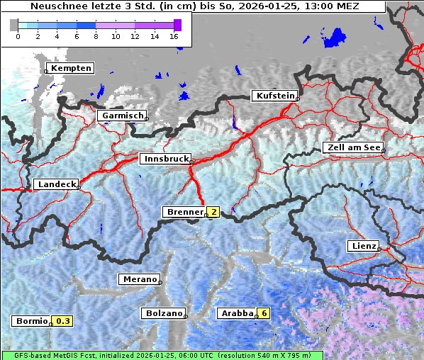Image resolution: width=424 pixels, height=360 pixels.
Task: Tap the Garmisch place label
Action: (x=123, y=116)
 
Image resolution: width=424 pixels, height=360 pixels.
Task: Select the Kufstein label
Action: (x=275, y=96)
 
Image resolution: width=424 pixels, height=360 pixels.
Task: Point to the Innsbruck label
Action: (x=164, y=159)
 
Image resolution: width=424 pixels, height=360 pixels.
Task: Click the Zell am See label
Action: (x=353, y=147)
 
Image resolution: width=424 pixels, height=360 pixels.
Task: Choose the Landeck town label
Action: (x=56, y=184)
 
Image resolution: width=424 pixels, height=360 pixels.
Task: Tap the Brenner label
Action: (x=184, y=212)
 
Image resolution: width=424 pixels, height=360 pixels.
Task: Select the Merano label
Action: (x=139, y=279)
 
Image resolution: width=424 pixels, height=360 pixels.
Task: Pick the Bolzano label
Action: (x=164, y=313)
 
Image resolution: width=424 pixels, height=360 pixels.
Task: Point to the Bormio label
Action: (x=32, y=321)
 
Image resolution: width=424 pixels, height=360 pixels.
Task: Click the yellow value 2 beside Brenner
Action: (x=213, y=212)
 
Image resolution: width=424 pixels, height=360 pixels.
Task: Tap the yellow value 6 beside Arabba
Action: (x=264, y=313)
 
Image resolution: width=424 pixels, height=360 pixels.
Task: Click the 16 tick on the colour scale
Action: (x=174, y=35)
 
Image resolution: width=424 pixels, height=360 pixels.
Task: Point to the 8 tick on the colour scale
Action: (x=96, y=35)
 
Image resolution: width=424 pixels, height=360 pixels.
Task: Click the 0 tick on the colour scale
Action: (x=18, y=35)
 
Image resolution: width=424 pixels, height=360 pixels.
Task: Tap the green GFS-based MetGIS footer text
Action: (x=162, y=355)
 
